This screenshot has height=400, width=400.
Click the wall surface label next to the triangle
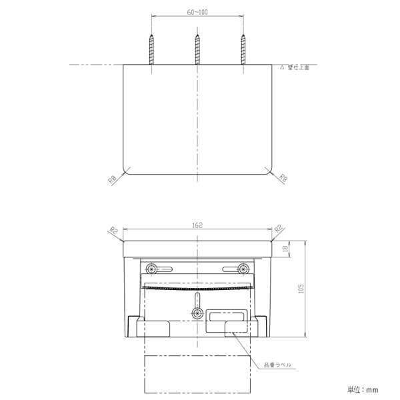297,67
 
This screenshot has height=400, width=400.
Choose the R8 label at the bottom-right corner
283,178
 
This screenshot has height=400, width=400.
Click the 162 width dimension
197,226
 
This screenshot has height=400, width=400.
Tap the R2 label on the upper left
113,230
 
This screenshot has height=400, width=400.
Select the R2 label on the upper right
279,229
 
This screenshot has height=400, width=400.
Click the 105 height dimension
301,288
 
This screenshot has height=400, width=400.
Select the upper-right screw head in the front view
243,269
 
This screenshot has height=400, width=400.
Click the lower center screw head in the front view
197,313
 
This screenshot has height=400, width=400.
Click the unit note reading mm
363,389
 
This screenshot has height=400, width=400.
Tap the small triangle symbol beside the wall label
282,67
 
